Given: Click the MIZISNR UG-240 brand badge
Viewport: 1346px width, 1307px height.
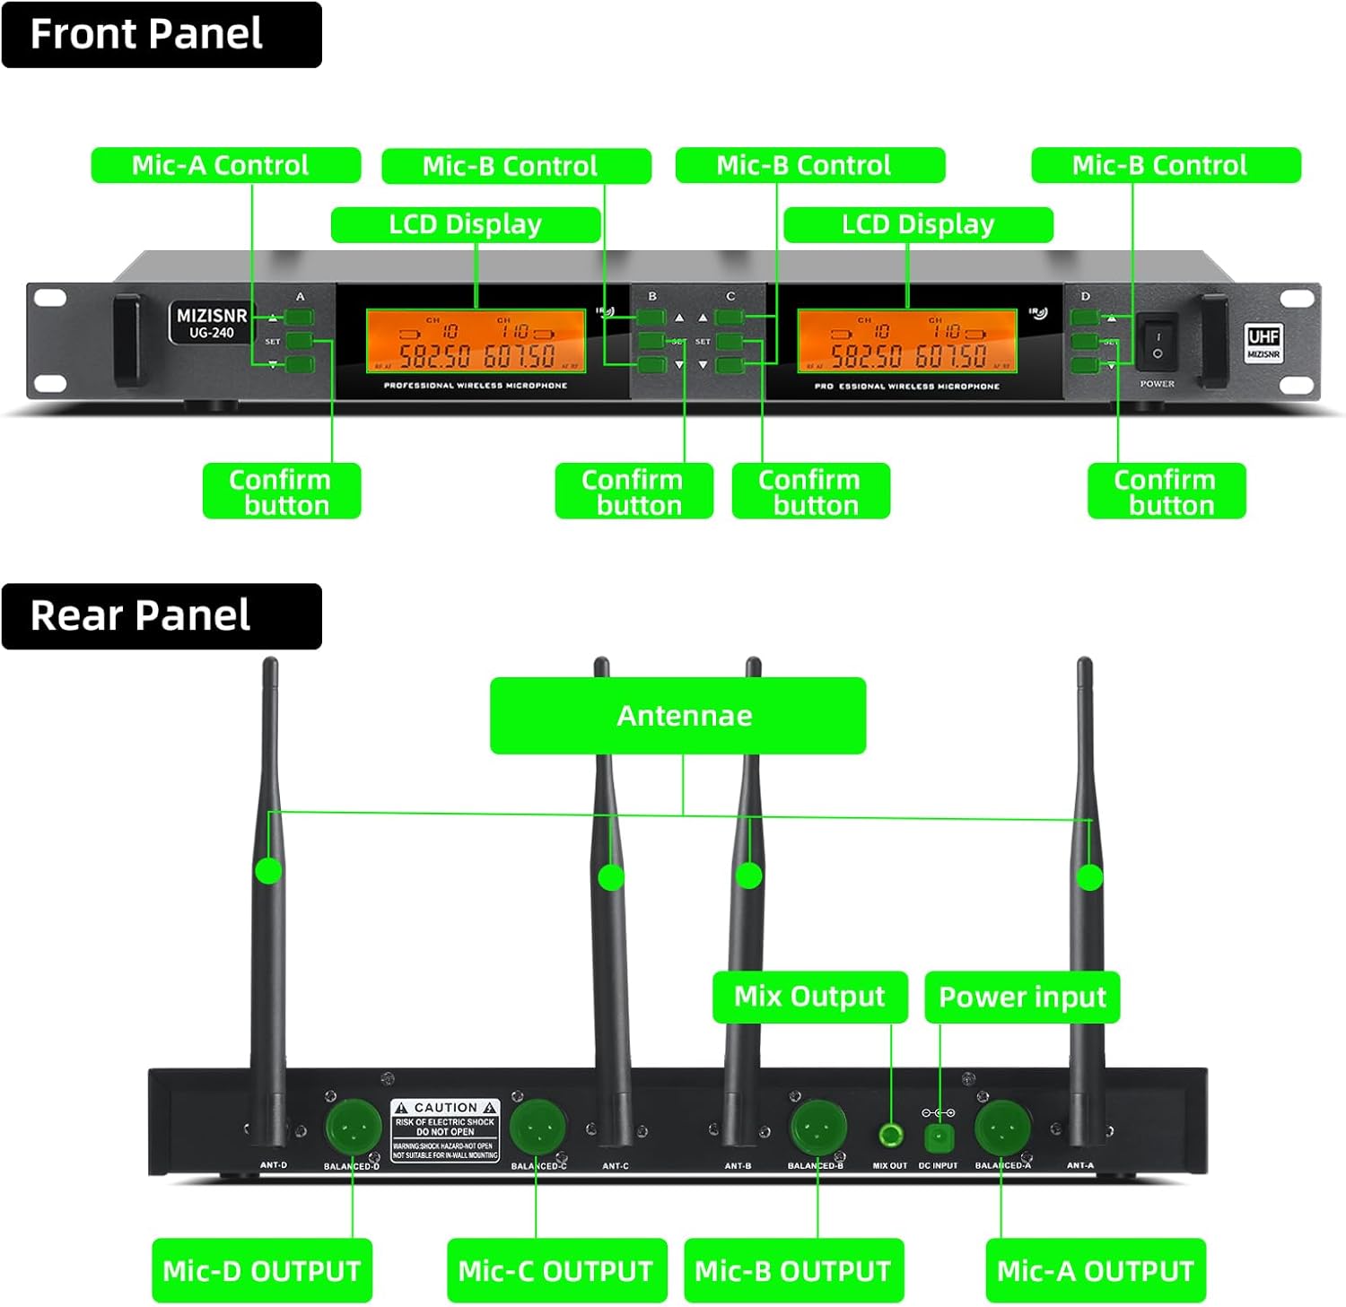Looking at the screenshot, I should tap(211, 323).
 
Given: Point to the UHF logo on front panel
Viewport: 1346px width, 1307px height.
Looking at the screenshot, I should tap(1263, 342).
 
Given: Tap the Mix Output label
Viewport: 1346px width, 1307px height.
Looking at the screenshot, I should tap(809, 997).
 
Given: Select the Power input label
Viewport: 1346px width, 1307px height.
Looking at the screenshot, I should tap(1022, 997).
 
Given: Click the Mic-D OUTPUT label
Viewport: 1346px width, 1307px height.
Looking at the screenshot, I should tap(261, 1270).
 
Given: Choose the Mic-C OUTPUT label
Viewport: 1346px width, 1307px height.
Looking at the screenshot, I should tap(556, 1270).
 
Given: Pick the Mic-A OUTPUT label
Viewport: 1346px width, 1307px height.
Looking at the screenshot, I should tap(1095, 1270).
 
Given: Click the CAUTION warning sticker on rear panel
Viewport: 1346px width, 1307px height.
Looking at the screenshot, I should tap(445, 1130).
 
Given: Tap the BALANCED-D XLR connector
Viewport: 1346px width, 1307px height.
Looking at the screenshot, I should tap(353, 1127).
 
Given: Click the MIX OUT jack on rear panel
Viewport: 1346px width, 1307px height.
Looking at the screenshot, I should tap(890, 1136).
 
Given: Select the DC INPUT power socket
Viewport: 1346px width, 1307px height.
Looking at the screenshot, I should tap(939, 1137).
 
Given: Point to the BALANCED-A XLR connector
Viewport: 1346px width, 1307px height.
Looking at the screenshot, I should tap(1002, 1127).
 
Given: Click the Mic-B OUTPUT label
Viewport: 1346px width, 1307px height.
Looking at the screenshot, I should tap(793, 1270).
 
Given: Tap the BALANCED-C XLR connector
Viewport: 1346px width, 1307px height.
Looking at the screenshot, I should tap(538, 1127).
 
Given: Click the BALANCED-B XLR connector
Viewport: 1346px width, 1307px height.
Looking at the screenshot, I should tap(817, 1127).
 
